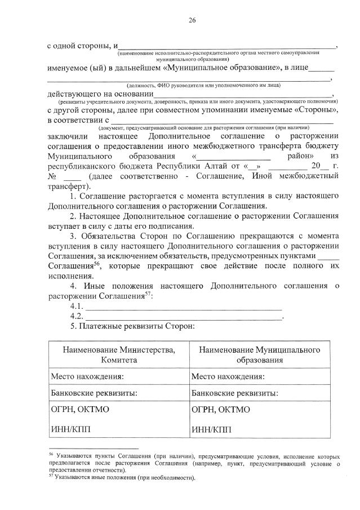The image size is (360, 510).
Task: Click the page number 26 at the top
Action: (192, 20)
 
